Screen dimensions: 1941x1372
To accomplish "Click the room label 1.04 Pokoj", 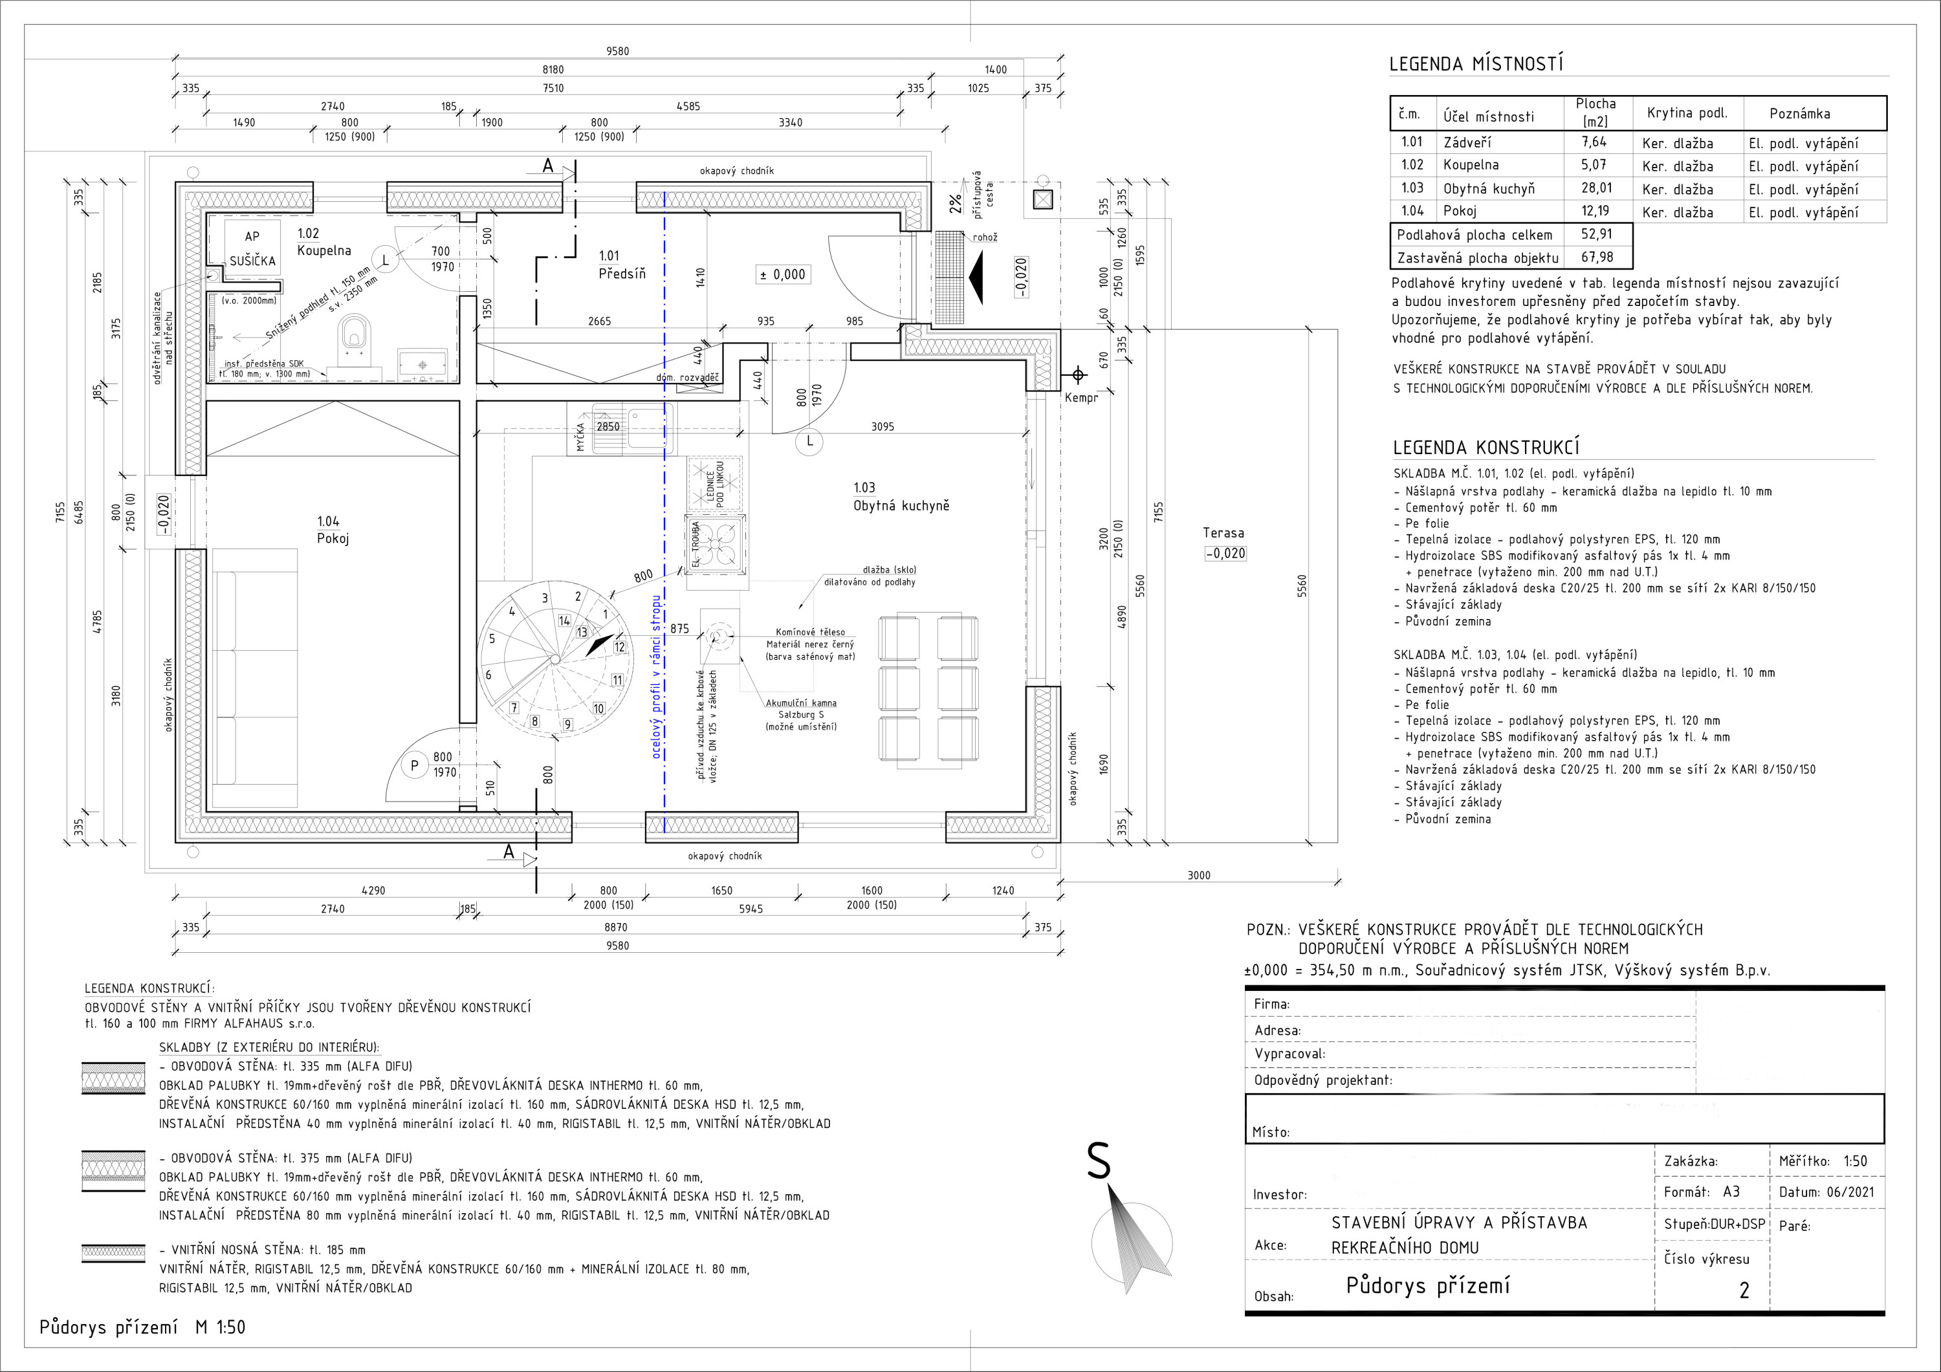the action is (333, 530).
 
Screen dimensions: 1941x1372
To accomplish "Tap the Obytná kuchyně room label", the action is (901, 497).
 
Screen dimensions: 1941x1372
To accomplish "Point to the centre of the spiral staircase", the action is (554, 658).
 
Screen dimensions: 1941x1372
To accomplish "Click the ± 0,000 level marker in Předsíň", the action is (782, 275).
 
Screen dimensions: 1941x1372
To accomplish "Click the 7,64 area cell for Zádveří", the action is (1594, 142).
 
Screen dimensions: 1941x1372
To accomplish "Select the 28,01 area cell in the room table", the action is (1596, 188).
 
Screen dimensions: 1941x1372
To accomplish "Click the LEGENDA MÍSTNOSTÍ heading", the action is (1476, 64).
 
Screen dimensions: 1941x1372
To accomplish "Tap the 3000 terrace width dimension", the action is (1199, 876).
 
